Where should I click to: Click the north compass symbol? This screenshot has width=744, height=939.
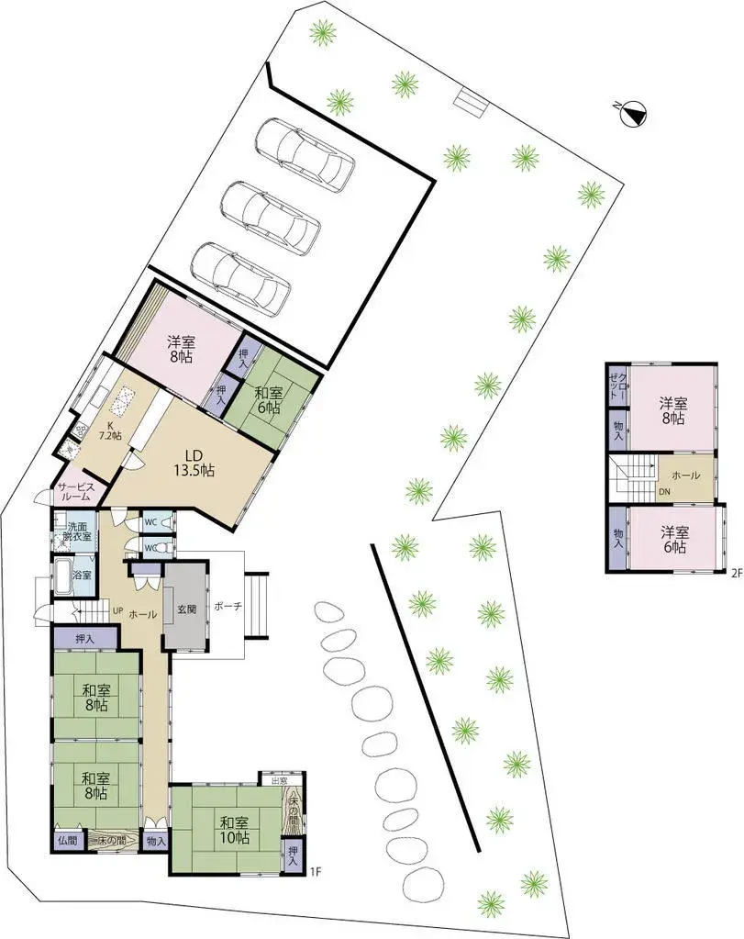click(x=634, y=115)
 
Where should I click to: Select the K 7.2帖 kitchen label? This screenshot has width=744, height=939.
click(x=111, y=429)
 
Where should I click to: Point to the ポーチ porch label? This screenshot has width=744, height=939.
click(x=228, y=607)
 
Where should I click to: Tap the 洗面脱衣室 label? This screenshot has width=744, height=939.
click(x=78, y=532)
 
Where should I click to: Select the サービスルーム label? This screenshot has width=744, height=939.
click(x=74, y=492)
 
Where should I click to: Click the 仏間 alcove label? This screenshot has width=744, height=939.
click(x=67, y=839)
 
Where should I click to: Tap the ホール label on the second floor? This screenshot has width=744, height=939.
click(x=685, y=475)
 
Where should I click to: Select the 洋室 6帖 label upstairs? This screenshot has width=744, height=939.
click(x=672, y=539)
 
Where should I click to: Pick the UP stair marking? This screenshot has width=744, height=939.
click(x=117, y=609)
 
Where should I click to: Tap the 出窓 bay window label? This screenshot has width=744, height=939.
click(x=278, y=781)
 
